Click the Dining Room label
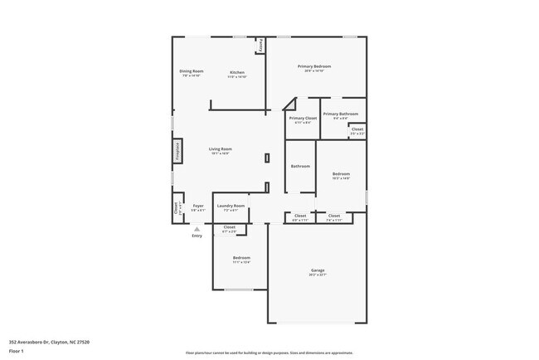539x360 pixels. pos(192,71)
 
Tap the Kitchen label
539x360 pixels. pos(237,73)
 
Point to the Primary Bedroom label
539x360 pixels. pos(315,66)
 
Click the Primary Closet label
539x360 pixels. pos(303,119)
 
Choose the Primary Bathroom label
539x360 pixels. pos(341,114)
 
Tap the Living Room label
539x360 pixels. pos(220,149)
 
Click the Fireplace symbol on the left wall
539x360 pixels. pos(177,151)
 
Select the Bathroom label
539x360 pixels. pos(300,166)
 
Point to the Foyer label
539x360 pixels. pos(198,206)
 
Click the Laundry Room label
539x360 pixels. pos(231,206)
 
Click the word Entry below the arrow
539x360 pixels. pos(197,236)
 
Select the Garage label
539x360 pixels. pos(317,270)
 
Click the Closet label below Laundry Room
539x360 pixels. pos(230,227)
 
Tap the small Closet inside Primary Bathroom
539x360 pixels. pos(357,129)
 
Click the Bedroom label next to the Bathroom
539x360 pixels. pos(341,173)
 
